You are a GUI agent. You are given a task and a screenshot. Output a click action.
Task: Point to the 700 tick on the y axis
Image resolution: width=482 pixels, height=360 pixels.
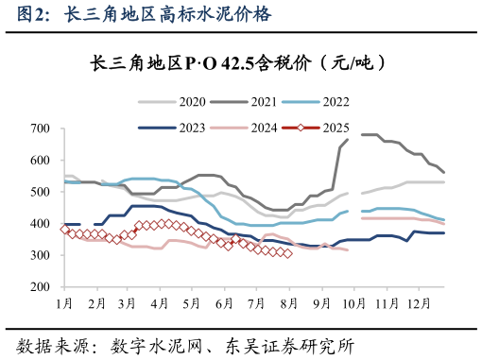[x=41, y=129]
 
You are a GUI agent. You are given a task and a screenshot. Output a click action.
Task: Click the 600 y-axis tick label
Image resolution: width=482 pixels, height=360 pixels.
[x=41, y=161]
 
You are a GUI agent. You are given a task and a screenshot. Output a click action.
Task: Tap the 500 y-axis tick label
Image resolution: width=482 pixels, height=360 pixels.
[x=41, y=192]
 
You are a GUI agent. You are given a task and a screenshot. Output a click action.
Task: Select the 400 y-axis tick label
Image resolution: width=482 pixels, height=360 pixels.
[x=41, y=224]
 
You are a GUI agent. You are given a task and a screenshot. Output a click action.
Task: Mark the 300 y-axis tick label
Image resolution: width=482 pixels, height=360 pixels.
[x=41, y=255]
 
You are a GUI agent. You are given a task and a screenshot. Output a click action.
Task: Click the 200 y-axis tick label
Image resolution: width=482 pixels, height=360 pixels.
[x=41, y=287]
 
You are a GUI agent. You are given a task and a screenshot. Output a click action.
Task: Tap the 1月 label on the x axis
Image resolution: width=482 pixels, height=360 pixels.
[x=64, y=303]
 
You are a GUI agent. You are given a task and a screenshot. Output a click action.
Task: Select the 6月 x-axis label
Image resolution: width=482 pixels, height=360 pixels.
[x=224, y=303]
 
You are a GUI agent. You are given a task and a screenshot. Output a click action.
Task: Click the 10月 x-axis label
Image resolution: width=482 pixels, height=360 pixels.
[x=353, y=303]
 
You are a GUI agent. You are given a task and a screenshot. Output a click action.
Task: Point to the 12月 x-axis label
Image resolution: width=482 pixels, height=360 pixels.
[x=418, y=303]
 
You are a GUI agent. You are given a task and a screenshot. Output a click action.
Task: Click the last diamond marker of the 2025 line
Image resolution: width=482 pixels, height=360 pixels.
[x=287, y=253]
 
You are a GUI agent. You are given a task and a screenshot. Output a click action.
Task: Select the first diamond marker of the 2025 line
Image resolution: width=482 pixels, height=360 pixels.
[x=64, y=230]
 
